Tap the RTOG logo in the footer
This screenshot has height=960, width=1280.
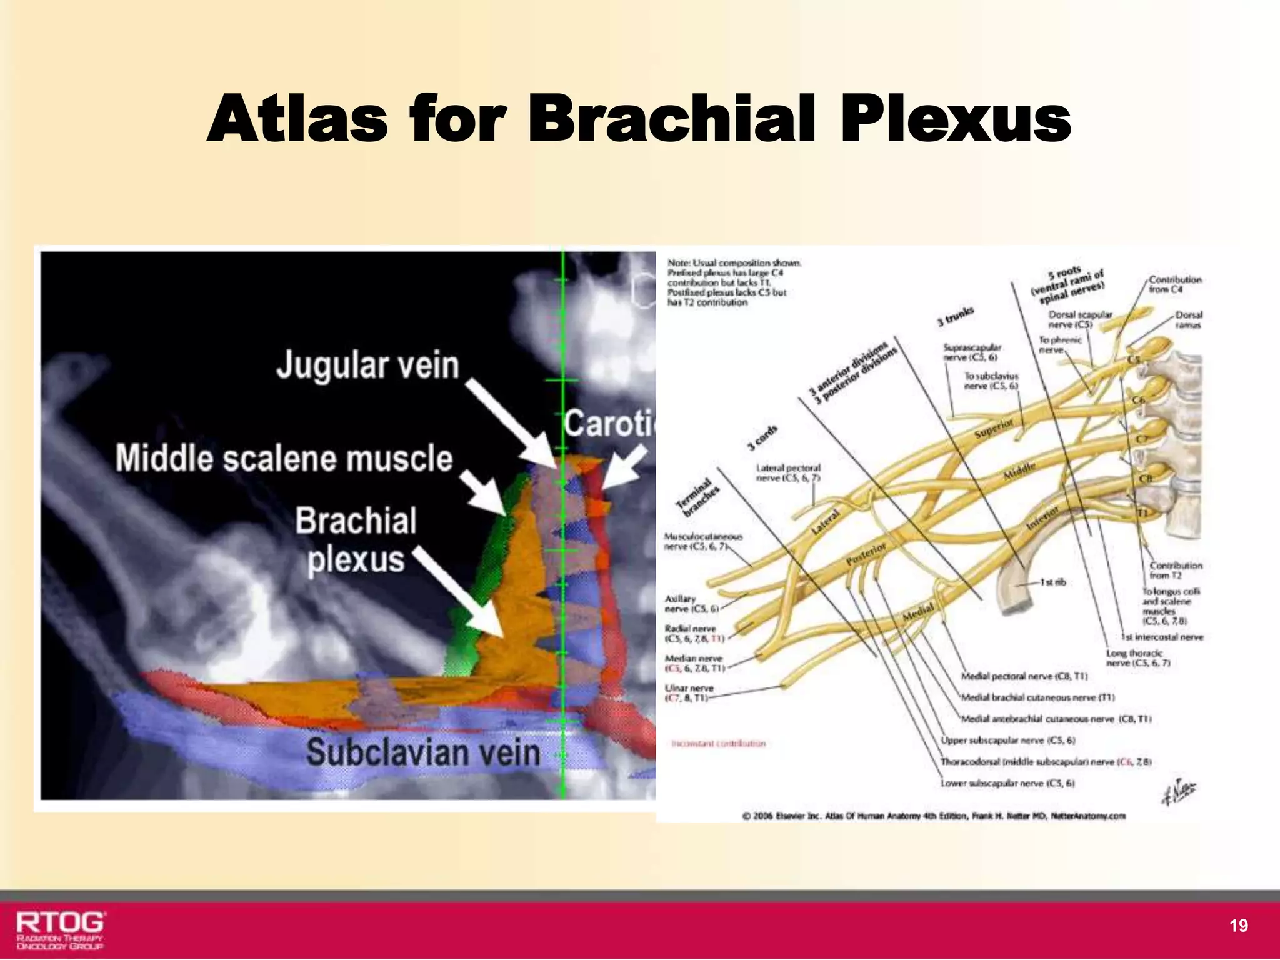pyautogui.click(x=61, y=929)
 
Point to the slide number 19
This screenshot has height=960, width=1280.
pyautogui.click(x=1238, y=926)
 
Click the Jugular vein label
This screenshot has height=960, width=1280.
pyautogui.click(x=367, y=365)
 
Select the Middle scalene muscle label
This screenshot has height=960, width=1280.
pyautogui.click(x=284, y=458)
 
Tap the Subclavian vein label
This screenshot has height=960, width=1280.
pyautogui.click(x=423, y=752)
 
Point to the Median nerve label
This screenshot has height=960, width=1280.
pyautogui.click(x=694, y=663)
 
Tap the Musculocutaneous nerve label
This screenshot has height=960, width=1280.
pyautogui.click(x=702, y=541)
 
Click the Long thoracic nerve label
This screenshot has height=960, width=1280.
pyautogui.click(x=1138, y=657)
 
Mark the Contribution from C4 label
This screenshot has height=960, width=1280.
pyautogui.click(x=1175, y=284)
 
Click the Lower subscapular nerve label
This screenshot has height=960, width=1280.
pyautogui.click(x=1007, y=783)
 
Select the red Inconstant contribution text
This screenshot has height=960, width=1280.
pyautogui.click(x=718, y=744)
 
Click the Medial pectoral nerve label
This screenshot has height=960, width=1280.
pyautogui.click(x=1024, y=676)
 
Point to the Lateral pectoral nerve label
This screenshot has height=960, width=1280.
pyautogui.click(x=787, y=472)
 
